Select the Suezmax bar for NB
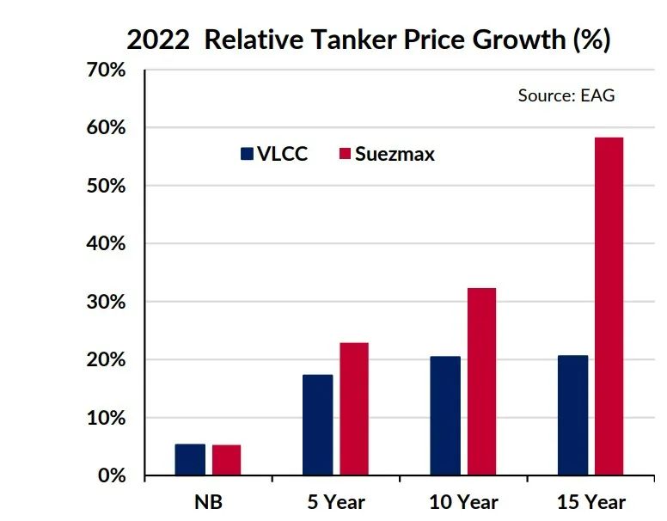(226, 460)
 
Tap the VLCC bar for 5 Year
(317, 425)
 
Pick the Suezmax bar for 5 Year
(353, 409)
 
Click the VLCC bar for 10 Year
(445, 416)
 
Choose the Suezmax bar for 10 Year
(481, 382)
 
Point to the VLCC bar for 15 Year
(572, 415)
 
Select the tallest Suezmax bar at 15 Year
(609, 306)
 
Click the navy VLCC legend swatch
(247, 154)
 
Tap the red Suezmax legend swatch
(346, 154)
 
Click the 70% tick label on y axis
(107, 70)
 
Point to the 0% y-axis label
(112, 475)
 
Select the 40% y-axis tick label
(107, 244)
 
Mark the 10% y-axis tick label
(107, 418)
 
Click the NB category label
(208, 502)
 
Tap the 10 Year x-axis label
(463, 502)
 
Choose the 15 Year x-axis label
(591, 502)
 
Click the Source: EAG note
(566, 95)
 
